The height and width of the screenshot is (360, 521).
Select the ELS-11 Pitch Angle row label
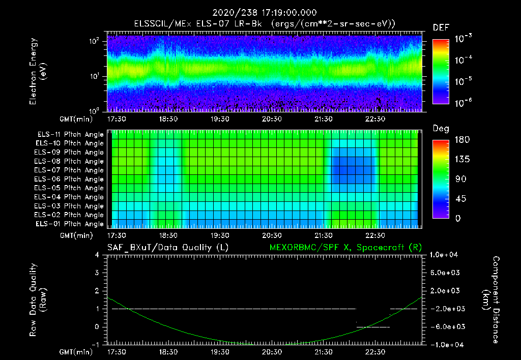pos(70,134)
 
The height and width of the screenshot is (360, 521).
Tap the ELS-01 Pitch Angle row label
pos(70,224)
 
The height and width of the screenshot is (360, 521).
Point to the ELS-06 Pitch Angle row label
pos(70,179)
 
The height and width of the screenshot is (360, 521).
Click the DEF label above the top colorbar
pos(441,28)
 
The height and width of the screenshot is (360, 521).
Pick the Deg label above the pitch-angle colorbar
pos(441,129)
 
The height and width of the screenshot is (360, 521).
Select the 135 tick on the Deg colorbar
pos(455,160)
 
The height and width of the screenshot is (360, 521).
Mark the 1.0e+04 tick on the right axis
pos(446,255)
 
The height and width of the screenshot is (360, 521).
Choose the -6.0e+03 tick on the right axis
pos(446,326)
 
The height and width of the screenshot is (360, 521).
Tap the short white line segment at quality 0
pos(373,327)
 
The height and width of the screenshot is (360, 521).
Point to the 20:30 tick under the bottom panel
pos(272,352)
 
